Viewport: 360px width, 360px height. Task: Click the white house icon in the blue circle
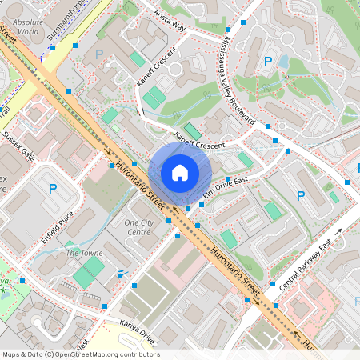[180, 173]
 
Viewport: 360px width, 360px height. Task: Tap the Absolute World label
[29, 27]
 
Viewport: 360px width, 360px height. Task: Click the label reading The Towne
[84, 253]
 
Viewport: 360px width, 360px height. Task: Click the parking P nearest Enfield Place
[53, 190]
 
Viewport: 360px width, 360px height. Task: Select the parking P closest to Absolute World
[99, 54]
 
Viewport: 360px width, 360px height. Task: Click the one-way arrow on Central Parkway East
[338, 232]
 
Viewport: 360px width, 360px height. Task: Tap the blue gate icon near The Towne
[121, 274]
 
